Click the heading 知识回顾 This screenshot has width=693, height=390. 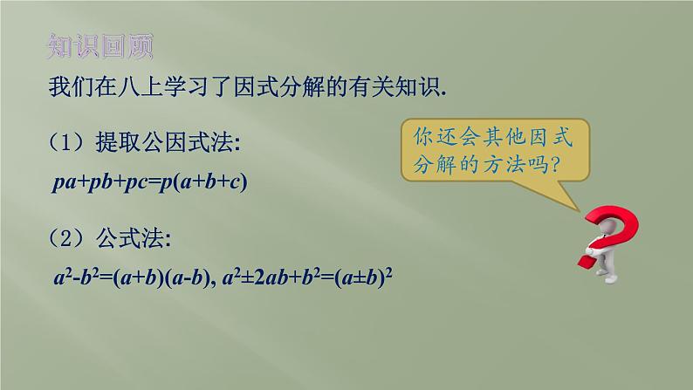(100, 46)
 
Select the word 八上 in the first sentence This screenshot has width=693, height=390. (141, 86)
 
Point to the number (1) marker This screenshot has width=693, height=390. (65, 142)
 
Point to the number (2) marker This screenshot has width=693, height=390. (65, 238)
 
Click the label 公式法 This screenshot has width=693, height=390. (130, 238)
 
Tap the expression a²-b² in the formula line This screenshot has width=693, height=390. (76, 277)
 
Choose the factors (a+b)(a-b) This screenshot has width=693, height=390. (161, 277)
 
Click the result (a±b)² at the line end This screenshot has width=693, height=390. (363, 277)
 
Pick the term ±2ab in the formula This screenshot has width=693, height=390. (265, 277)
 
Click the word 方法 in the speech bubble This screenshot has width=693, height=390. (504, 165)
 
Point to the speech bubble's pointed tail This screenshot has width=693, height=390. (579, 210)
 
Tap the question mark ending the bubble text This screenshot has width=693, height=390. (555, 165)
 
